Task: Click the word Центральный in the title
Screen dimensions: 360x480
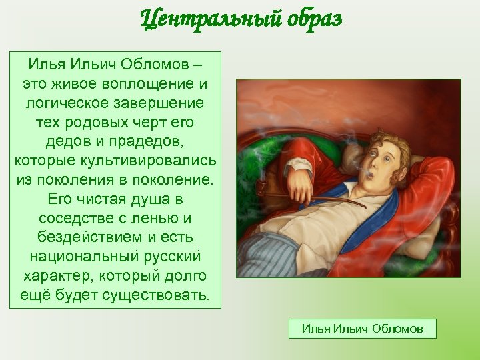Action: point(205,19)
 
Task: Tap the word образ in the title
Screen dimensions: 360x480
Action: point(308,19)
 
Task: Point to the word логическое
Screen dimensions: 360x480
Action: point(69,104)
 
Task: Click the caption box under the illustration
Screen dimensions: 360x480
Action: point(362,329)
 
